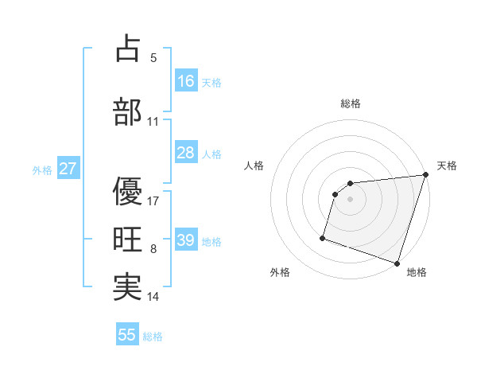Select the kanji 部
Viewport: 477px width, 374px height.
point(127,111)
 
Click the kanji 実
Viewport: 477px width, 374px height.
point(127,287)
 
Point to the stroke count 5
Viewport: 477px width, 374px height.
point(153,58)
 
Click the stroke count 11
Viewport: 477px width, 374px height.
point(153,123)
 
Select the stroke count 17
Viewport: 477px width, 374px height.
point(153,201)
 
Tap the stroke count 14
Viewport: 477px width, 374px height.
point(153,298)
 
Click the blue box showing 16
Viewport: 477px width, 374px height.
point(186,80)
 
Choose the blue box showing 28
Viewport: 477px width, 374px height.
point(186,153)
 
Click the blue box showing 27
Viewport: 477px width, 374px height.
point(68,169)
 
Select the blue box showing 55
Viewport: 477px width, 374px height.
point(127,335)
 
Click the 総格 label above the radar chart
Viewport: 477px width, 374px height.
point(351,103)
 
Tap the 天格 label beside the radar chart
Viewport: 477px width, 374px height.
point(448,166)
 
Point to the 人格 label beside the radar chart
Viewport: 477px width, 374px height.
point(254,166)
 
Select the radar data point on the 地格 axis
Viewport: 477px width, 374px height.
point(397,263)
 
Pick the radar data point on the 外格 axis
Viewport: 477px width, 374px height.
point(323,237)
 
